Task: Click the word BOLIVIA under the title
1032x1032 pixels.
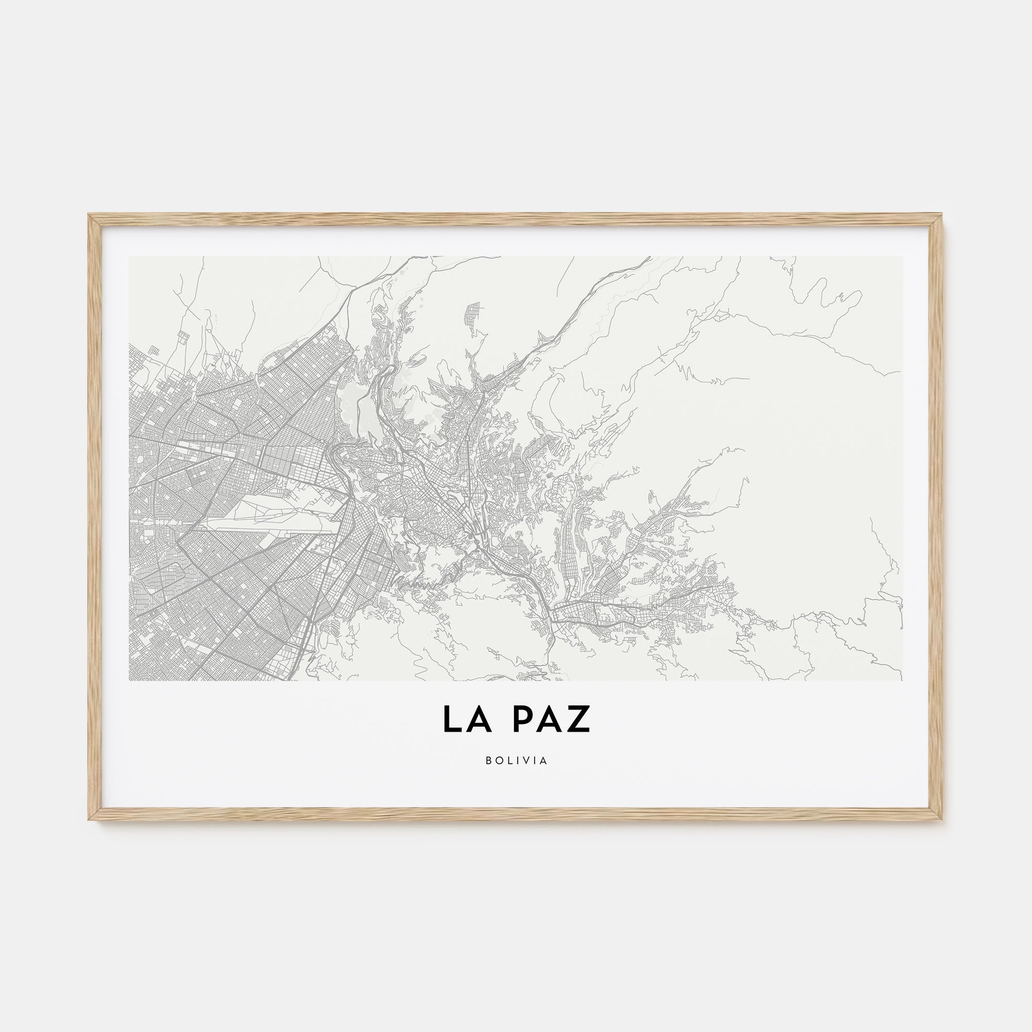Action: click(x=517, y=761)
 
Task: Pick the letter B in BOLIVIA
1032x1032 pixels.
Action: click(x=489, y=761)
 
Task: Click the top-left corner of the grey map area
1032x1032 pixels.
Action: click(x=130, y=257)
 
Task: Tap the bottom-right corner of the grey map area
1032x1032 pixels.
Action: click(x=902, y=680)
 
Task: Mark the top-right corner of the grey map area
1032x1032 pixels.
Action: click(x=902, y=257)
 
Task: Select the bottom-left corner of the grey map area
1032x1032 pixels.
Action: click(x=130, y=680)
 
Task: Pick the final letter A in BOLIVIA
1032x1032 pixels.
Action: click(x=544, y=761)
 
